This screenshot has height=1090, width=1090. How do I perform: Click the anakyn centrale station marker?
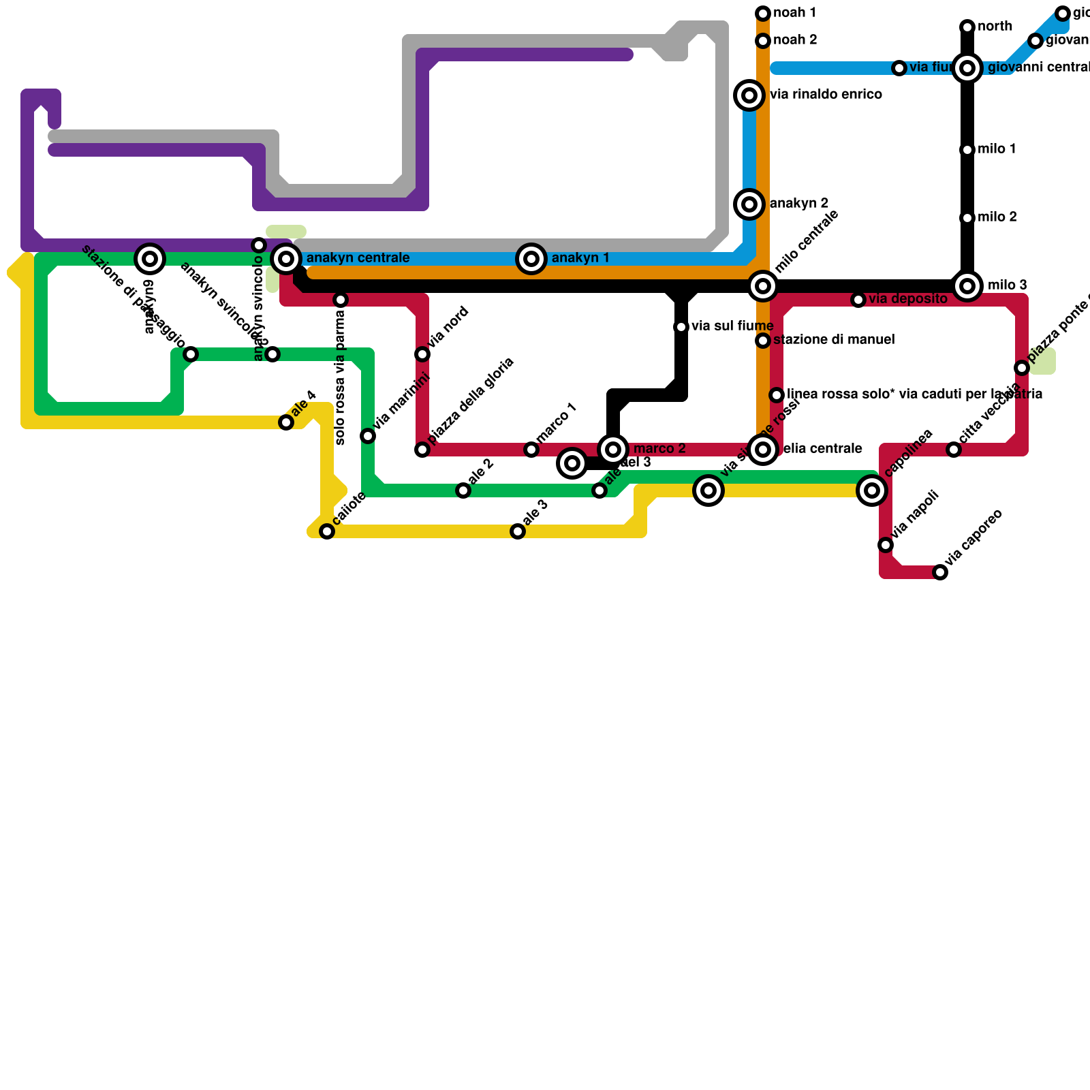click(x=286, y=259)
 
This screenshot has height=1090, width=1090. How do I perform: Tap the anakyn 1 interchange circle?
click(x=531, y=259)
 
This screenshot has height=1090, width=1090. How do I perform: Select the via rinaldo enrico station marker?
click(x=749, y=95)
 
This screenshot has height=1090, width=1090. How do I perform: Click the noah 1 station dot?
click(x=763, y=14)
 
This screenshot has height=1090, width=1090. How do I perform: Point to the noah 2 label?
click(x=795, y=40)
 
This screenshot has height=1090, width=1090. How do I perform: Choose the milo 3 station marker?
click(x=967, y=286)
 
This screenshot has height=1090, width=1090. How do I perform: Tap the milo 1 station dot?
click(x=967, y=150)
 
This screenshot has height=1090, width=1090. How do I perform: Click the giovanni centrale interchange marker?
click(x=967, y=68)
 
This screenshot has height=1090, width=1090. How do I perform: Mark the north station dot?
click(x=967, y=27)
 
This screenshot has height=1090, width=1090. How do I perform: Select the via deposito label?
click(x=907, y=299)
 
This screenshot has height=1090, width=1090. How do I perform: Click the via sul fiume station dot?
click(x=681, y=327)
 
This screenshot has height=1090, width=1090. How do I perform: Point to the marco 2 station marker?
click(x=613, y=450)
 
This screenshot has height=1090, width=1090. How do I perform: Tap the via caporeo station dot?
click(x=940, y=572)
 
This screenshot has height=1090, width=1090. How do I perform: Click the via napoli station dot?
click(x=886, y=545)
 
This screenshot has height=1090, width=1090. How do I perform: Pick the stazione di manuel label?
click(x=834, y=340)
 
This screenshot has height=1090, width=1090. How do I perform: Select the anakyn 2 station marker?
click(x=749, y=204)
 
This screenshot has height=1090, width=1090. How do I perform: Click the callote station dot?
click(x=327, y=531)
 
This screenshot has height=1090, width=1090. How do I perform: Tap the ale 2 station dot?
click(x=463, y=490)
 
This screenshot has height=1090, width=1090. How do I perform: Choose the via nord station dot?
click(x=422, y=354)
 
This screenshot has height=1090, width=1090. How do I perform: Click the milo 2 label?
click(x=997, y=217)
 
